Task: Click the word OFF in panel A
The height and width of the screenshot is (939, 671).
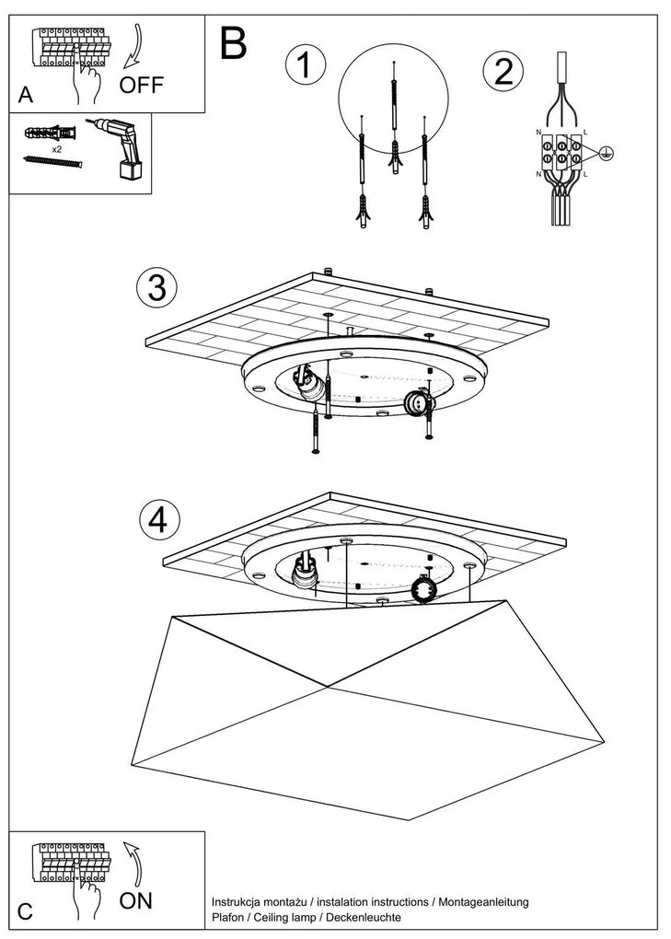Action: [141, 87]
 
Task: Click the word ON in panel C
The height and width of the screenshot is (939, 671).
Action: [136, 899]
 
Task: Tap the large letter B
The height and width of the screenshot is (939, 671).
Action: [234, 42]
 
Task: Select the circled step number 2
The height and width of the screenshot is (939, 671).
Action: [503, 71]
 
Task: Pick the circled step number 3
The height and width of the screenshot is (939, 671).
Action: [156, 287]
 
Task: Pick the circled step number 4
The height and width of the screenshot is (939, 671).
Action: [157, 519]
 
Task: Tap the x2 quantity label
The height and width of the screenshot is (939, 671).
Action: [56, 147]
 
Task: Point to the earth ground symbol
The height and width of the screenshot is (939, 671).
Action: [606, 153]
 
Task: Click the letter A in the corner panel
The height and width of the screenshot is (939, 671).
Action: [24, 95]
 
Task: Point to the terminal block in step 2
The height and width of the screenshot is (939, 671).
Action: [561, 152]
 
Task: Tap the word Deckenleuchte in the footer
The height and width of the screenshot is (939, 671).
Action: [368, 917]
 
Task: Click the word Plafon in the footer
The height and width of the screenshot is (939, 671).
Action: [228, 917]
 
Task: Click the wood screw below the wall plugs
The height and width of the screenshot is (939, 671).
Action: [52, 161]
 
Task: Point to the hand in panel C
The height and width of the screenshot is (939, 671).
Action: [90, 898]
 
